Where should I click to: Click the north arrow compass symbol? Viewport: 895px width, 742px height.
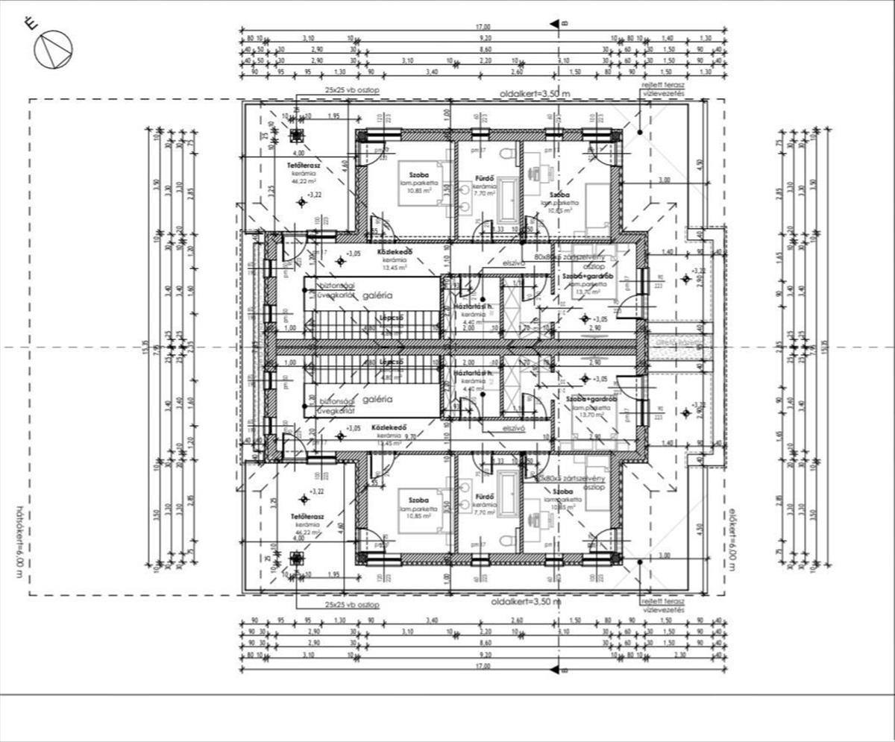53,49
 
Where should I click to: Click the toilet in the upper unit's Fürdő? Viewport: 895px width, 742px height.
506,154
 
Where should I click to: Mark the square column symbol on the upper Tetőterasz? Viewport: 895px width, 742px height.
297,135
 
